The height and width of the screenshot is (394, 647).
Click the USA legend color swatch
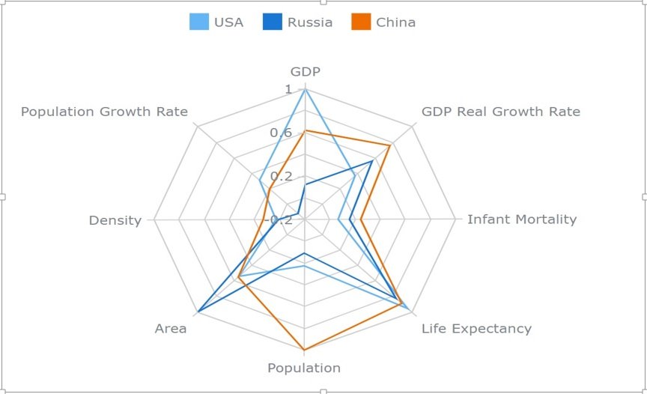click(x=198, y=22)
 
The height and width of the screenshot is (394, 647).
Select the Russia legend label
click(x=310, y=22)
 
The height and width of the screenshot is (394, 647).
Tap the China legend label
click(x=395, y=22)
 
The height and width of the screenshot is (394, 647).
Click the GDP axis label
click(x=305, y=72)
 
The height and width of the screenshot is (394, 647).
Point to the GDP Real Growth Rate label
click(x=500, y=112)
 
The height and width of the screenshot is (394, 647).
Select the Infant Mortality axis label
click(x=522, y=219)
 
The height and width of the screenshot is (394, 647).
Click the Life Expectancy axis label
click(x=476, y=328)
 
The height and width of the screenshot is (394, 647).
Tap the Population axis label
click(x=304, y=368)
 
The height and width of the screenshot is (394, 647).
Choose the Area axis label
click(x=171, y=328)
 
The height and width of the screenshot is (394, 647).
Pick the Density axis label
click(x=115, y=220)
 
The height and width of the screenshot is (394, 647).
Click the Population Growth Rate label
click(x=104, y=112)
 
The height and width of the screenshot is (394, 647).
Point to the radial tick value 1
click(x=289, y=90)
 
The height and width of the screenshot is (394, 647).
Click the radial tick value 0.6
click(x=282, y=133)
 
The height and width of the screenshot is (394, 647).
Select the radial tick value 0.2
click(x=282, y=177)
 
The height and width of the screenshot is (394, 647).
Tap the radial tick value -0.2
click(x=280, y=219)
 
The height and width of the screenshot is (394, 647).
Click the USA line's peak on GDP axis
click(x=305, y=90)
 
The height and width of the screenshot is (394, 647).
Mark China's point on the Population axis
click(x=304, y=350)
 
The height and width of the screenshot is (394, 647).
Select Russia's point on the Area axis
click(x=198, y=312)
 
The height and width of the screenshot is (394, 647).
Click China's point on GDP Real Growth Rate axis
click(x=390, y=145)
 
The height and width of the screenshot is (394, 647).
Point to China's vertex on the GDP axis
click(x=305, y=131)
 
